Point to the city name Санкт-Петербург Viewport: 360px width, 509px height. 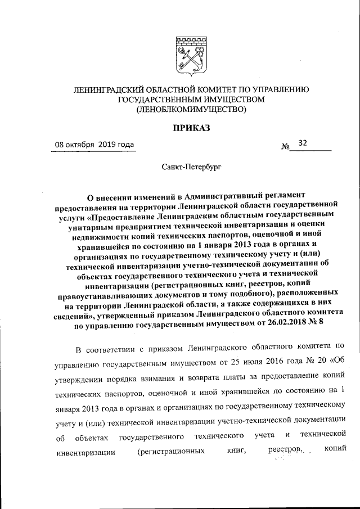click(x=191, y=167)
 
